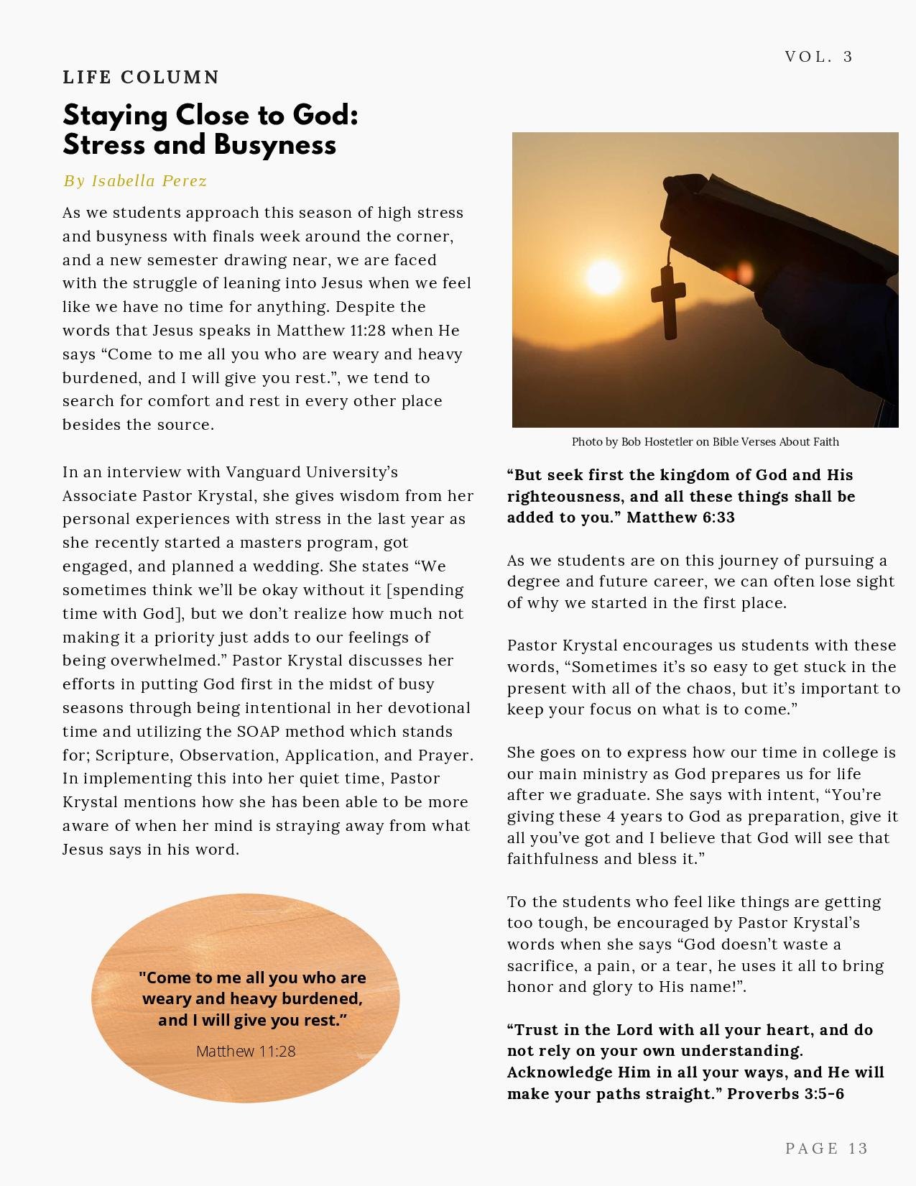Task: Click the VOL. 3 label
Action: pyautogui.click(x=819, y=57)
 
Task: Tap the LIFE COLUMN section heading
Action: pyautogui.click(x=141, y=77)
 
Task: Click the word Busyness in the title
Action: pyautogui.click(x=274, y=145)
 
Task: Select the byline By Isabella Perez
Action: pyautogui.click(x=135, y=180)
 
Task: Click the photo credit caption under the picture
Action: pyautogui.click(x=705, y=441)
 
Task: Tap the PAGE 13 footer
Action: pyautogui.click(x=827, y=1148)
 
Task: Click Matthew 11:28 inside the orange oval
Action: pyautogui.click(x=246, y=1051)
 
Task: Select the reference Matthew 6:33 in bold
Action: pyautogui.click(x=680, y=518)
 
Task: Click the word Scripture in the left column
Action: pyautogui.click(x=133, y=755)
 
